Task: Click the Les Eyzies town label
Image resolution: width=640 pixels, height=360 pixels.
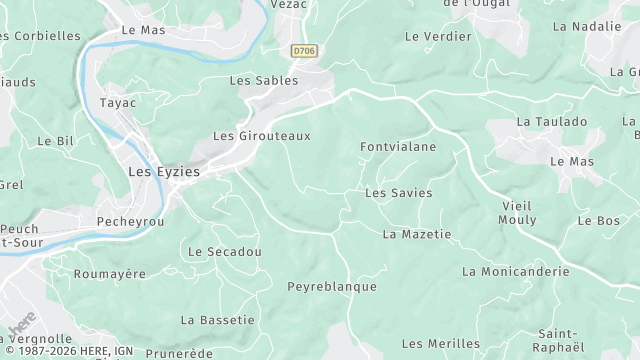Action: click(x=164, y=172)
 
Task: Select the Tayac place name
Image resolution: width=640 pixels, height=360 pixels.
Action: click(x=118, y=102)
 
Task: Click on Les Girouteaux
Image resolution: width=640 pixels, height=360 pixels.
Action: click(x=262, y=135)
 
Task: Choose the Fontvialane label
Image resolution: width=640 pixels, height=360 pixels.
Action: click(x=398, y=147)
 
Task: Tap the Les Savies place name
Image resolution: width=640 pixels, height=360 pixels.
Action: click(x=399, y=192)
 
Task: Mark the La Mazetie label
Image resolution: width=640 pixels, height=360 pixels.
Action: click(x=417, y=234)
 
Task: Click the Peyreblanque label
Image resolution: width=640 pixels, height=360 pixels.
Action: click(x=332, y=286)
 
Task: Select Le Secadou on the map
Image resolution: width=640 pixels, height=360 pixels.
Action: click(x=224, y=252)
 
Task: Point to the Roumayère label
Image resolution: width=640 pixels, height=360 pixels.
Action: click(x=110, y=273)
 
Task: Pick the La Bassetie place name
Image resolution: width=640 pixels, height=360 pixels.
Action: click(x=217, y=320)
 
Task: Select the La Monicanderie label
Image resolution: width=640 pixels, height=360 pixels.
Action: click(x=515, y=271)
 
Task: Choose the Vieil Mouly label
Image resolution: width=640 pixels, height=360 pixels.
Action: click(x=517, y=212)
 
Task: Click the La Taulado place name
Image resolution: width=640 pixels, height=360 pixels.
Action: click(x=551, y=121)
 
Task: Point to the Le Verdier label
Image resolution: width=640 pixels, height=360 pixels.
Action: click(x=438, y=36)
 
